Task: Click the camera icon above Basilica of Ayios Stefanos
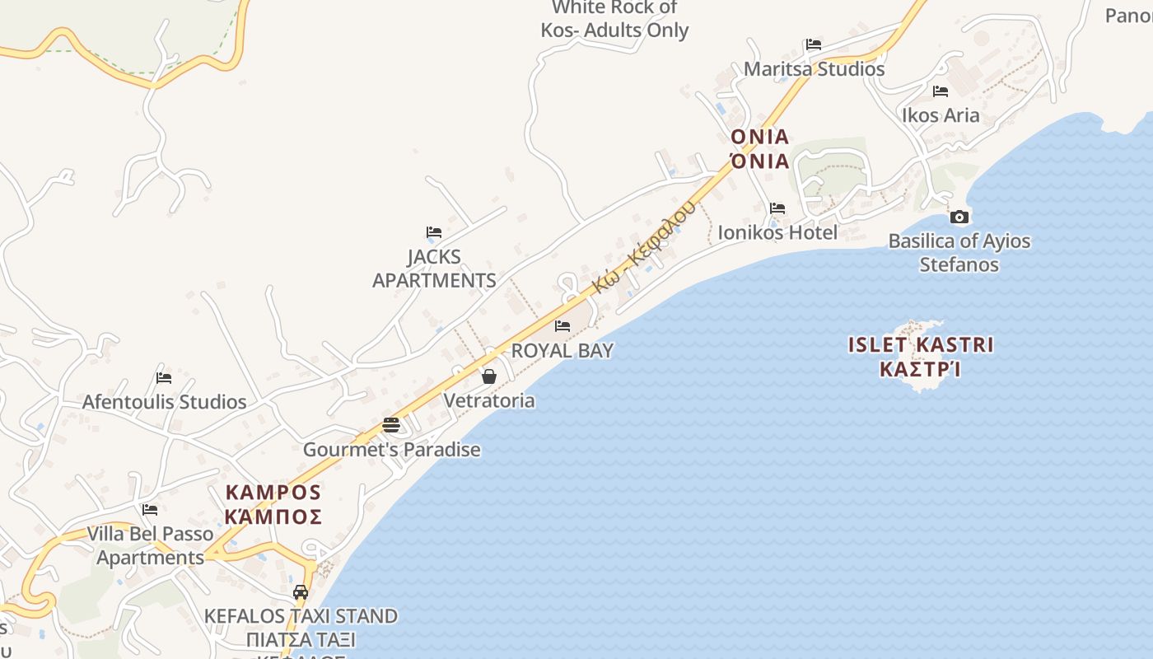coord(959,217)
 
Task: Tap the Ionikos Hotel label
coord(777,232)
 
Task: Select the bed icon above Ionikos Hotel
coord(777,208)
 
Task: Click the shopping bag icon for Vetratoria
coord(489,376)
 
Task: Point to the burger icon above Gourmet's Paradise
coord(391,425)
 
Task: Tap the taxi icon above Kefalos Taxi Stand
coord(301,592)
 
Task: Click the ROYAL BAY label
coord(562,350)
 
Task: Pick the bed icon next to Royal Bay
coord(562,326)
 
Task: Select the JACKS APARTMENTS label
coord(434,269)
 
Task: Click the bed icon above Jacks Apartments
coord(434,232)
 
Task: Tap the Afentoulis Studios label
coord(164,402)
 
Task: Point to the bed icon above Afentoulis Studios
coord(164,378)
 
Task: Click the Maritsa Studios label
coord(814,68)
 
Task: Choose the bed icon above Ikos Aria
coord(941,91)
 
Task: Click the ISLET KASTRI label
coord(921,344)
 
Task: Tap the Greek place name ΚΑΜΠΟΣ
coord(273,517)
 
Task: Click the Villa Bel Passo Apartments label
coord(150,545)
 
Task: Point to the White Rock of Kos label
coord(614,19)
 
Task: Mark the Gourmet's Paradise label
coord(391,450)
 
